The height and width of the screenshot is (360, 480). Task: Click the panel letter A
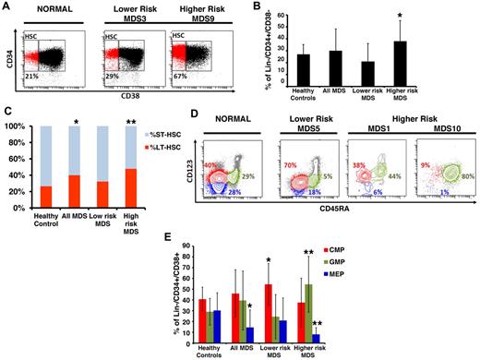(x=6, y=8)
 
